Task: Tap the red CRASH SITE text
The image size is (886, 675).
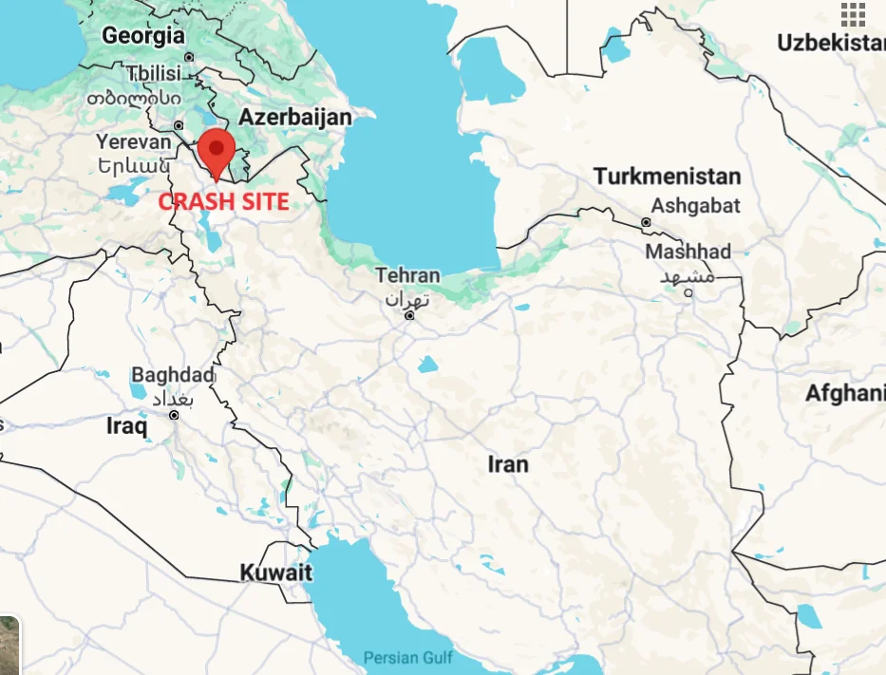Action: pos(223,201)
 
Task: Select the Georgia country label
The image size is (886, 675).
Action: pos(143,36)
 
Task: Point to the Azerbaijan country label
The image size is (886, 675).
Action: pos(295,118)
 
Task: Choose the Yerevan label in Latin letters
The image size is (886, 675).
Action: pos(134,141)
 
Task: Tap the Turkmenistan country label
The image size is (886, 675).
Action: pos(667,177)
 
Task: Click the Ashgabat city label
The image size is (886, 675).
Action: pos(695,205)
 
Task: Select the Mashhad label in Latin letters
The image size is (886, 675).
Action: pos(688,252)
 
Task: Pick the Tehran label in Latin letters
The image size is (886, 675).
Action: pos(408,275)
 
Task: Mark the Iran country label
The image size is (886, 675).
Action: pos(508,464)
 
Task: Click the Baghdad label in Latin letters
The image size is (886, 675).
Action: pos(173,375)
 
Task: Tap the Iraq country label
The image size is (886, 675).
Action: pos(126,427)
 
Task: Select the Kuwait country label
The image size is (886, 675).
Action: pos(275,573)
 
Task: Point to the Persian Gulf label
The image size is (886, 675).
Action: pos(408,657)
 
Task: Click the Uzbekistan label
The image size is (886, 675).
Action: pos(831,43)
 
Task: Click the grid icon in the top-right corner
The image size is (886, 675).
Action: pos(853,14)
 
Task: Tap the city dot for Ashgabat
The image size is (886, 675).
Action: pos(647,222)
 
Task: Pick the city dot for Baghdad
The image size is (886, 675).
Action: pos(174,415)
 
